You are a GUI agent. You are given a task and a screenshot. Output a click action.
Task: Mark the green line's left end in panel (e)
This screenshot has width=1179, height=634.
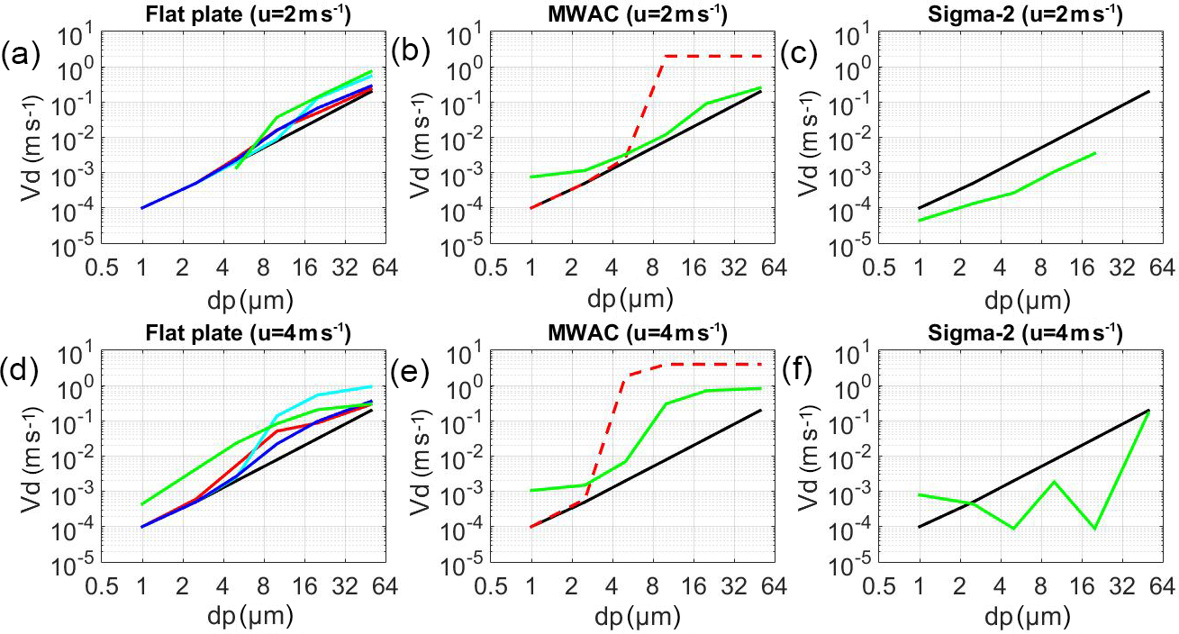[x=531, y=491]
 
